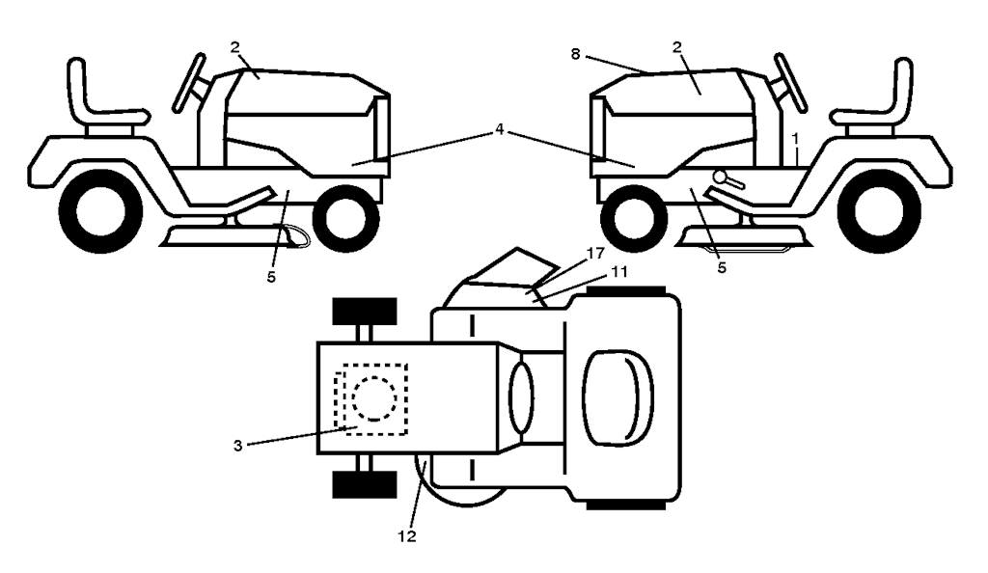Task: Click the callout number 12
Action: coord(408,536)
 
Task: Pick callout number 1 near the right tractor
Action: coord(796,138)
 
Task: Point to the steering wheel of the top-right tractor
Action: coord(788,85)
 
